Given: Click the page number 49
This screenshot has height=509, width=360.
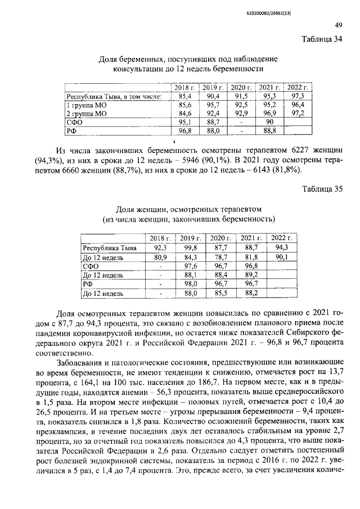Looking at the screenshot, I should pyautogui.click(x=338, y=24).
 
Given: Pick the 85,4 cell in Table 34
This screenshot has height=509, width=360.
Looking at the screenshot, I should pyautogui.click(x=185, y=97).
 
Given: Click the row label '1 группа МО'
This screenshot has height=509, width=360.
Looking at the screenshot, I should pyautogui.click(x=87, y=105).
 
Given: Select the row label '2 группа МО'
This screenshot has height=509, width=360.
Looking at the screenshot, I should pyautogui.click(x=87, y=114).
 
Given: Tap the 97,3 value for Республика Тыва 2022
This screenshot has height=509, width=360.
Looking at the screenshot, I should pyautogui.click(x=298, y=97).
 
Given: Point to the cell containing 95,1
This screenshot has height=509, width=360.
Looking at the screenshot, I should pyautogui.click(x=185, y=122).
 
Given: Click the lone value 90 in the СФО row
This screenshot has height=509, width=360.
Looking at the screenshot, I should pyautogui.click(x=269, y=122).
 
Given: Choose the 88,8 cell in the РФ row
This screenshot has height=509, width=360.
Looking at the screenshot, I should pyautogui.click(x=269, y=130).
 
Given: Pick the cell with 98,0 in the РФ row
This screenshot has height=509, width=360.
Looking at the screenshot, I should pyautogui.click(x=191, y=285).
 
